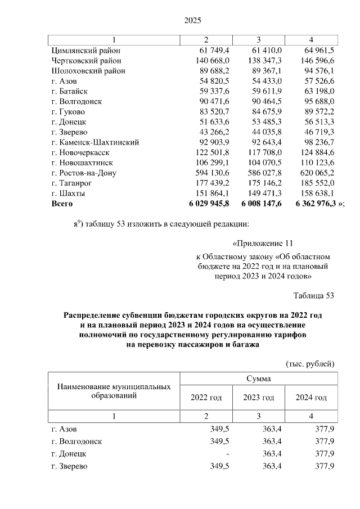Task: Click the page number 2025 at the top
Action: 193,20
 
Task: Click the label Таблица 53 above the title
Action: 314,295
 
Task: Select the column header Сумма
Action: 258,380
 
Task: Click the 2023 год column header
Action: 259,398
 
